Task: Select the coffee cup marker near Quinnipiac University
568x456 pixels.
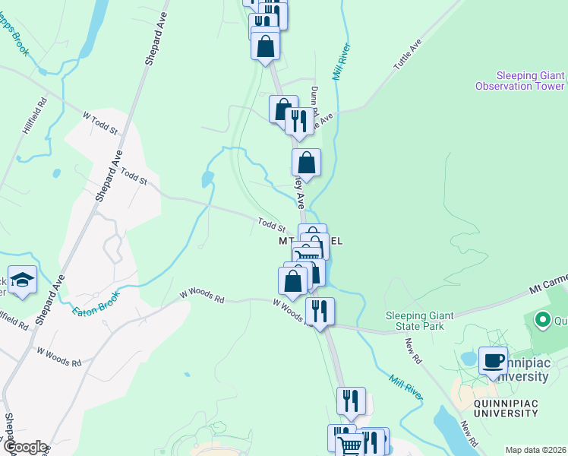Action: point(493,361)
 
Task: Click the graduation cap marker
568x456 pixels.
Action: point(22,280)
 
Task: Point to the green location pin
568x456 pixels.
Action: point(542,320)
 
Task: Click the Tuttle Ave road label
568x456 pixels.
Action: point(407,57)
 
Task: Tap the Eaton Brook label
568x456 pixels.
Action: point(96,302)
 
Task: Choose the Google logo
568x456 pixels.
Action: point(24,447)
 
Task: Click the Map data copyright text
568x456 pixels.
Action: point(536,449)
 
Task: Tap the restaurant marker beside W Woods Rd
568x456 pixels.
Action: point(320,312)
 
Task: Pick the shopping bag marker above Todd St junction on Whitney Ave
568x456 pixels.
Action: point(306,163)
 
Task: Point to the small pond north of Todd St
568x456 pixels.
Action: point(206,179)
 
